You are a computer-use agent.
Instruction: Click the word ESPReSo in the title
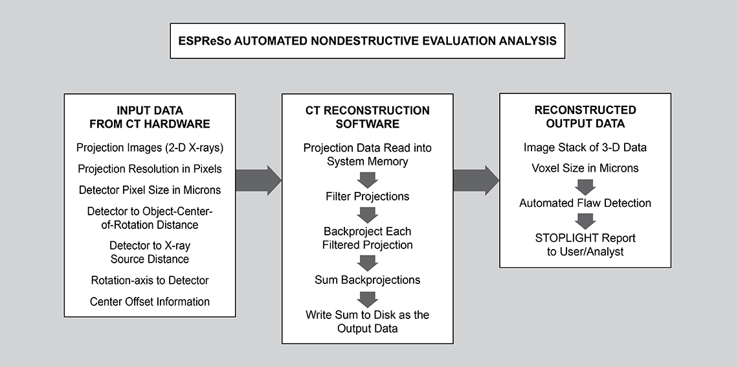pyautogui.click(x=205, y=41)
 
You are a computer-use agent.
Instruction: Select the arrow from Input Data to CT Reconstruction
pyautogui.click(x=258, y=180)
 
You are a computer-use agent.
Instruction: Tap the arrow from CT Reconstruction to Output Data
pyautogui.click(x=476, y=180)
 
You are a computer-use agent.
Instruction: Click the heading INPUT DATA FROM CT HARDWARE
pyautogui.click(x=150, y=117)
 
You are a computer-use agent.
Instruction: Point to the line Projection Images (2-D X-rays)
pyautogui.click(x=150, y=148)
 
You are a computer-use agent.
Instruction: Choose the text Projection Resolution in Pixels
pyautogui.click(x=150, y=169)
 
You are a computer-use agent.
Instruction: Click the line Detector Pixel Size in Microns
pyautogui.click(x=150, y=189)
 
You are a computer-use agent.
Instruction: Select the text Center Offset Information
pyautogui.click(x=150, y=302)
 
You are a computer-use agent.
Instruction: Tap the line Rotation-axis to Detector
pyautogui.click(x=150, y=280)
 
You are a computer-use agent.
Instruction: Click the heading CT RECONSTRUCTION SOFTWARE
pyautogui.click(x=368, y=117)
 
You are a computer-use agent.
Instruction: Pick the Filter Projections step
pyautogui.click(x=368, y=196)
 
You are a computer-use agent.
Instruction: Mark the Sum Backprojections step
pyautogui.click(x=368, y=279)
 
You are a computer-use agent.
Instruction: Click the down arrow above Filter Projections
pyautogui.click(x=368, y=180)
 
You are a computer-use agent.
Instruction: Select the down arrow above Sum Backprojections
pyautogui.click(x=368, y=263)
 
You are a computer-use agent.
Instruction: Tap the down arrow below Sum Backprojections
pyautogui.click(x=368, y=299)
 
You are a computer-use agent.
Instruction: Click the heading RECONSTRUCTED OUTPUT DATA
pyautogui.click(x=585, y=117)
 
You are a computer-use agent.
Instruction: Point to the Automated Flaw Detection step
pyautogui.click(x=585, y=203)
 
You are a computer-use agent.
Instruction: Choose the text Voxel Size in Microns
pyautogui.click(x=585, y=169)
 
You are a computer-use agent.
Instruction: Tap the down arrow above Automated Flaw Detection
pyautogui.click(x=585, y=187)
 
